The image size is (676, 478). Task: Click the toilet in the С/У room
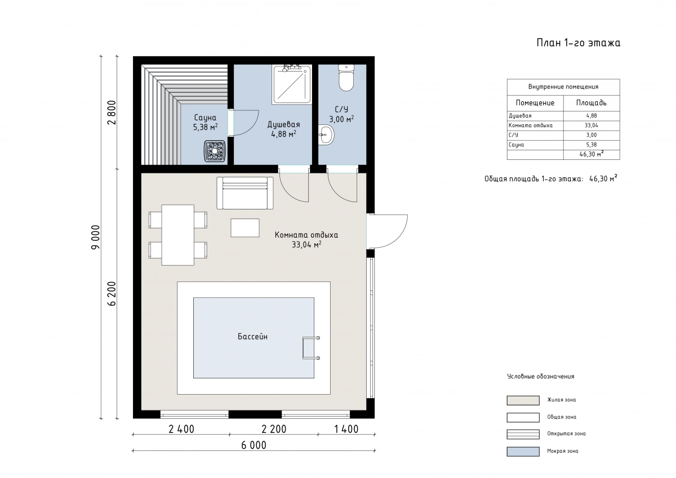(x=346, y=78)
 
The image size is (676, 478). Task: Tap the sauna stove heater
(x=215, y=151)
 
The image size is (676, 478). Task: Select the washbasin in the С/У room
(x=326, y=135)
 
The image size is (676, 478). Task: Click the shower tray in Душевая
(x=292, y=84)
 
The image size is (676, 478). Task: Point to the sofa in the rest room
(x=245, y=193)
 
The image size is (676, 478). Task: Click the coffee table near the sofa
(x=245, y=227)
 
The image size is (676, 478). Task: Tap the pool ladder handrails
(x=311, y=348)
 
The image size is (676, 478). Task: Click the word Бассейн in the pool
(x=252, y=337)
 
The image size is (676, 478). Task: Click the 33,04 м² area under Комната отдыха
(x=306, y=244)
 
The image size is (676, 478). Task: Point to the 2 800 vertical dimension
(x=112, y=112)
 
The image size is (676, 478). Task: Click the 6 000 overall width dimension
(x=254, y=445)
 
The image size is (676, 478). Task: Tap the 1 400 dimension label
(x=346, y=429)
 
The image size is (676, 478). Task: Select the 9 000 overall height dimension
(x=95, y=237)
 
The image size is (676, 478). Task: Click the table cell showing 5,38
(x=591, y=145)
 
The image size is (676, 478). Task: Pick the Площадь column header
(x=591, y=103)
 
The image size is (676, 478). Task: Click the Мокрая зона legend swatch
(x=523, y=452)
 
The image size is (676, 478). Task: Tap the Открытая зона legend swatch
(x=523, y=434)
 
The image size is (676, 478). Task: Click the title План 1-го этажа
(x=579, y=43)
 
